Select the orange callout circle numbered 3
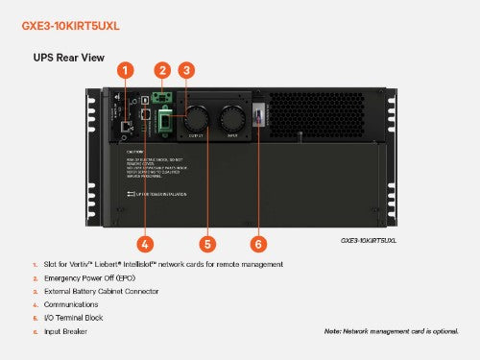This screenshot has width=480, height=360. click(187, 70)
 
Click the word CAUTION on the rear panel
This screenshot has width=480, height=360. click(137, 151)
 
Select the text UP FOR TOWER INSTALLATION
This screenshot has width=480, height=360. click(164, 195)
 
